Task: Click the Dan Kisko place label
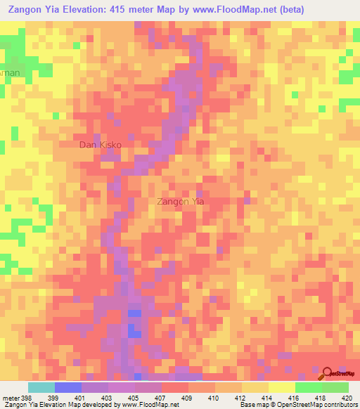tap(101, 145)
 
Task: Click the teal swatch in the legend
tap(41, 387)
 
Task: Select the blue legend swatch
tap(68, 387)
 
